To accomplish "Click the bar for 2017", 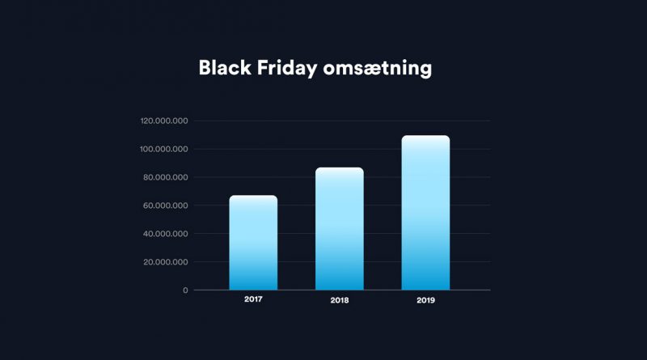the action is (253, 243).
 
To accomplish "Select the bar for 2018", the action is (340, 229).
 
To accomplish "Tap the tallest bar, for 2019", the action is (425, 213).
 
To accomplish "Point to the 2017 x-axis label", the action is (253, 299).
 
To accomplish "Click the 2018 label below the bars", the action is (340, 301).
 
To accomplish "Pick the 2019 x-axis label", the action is (425, 301).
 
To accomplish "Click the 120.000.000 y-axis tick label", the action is (164, 121).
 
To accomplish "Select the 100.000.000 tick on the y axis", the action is (164, 149).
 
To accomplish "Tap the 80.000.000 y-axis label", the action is (166, 177).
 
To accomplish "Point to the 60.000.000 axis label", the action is (166, 205).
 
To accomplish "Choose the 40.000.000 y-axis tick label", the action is (166, 234).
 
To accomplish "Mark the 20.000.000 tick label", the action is (166, 262).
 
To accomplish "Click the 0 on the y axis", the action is (185, 290).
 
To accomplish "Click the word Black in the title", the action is (225, 68).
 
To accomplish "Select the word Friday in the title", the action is (287, 69).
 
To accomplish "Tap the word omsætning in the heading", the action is (378, 70).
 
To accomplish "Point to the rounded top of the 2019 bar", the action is (425, 136).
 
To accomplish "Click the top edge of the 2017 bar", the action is (253, 196).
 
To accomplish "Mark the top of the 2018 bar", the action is (340, 167).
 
